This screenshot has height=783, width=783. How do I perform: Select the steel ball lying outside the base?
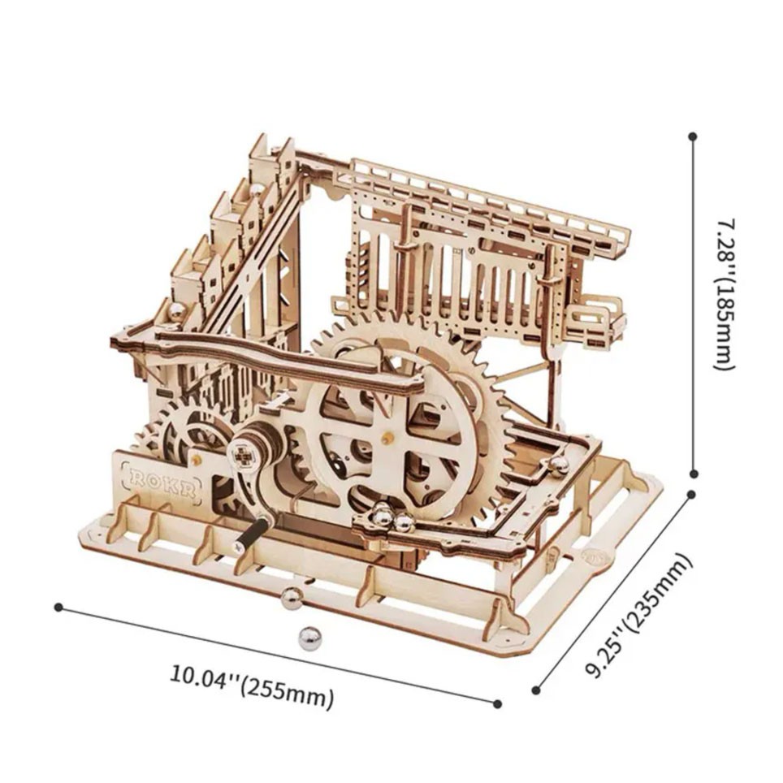point(309,637)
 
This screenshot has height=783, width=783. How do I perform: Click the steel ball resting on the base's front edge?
point(291,598)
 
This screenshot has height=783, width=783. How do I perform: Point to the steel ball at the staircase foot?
point(177,313)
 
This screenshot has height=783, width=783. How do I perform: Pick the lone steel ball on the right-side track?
point(559,465)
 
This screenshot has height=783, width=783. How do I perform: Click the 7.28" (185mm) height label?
point(725,295)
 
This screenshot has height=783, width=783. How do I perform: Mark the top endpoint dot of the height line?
point(693,136)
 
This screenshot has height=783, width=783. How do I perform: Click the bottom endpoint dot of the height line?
point(694,473)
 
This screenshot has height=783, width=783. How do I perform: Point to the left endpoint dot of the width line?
point(58,608)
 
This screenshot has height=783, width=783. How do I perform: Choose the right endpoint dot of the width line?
point(497,704)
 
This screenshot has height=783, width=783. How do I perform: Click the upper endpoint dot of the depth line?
point(691,495)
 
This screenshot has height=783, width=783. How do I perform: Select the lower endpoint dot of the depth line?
point(536,690)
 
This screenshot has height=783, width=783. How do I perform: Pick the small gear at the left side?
point(188,430)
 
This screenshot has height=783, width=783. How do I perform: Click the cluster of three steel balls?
point(391,519)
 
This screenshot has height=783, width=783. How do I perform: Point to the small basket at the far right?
point(597,319)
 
